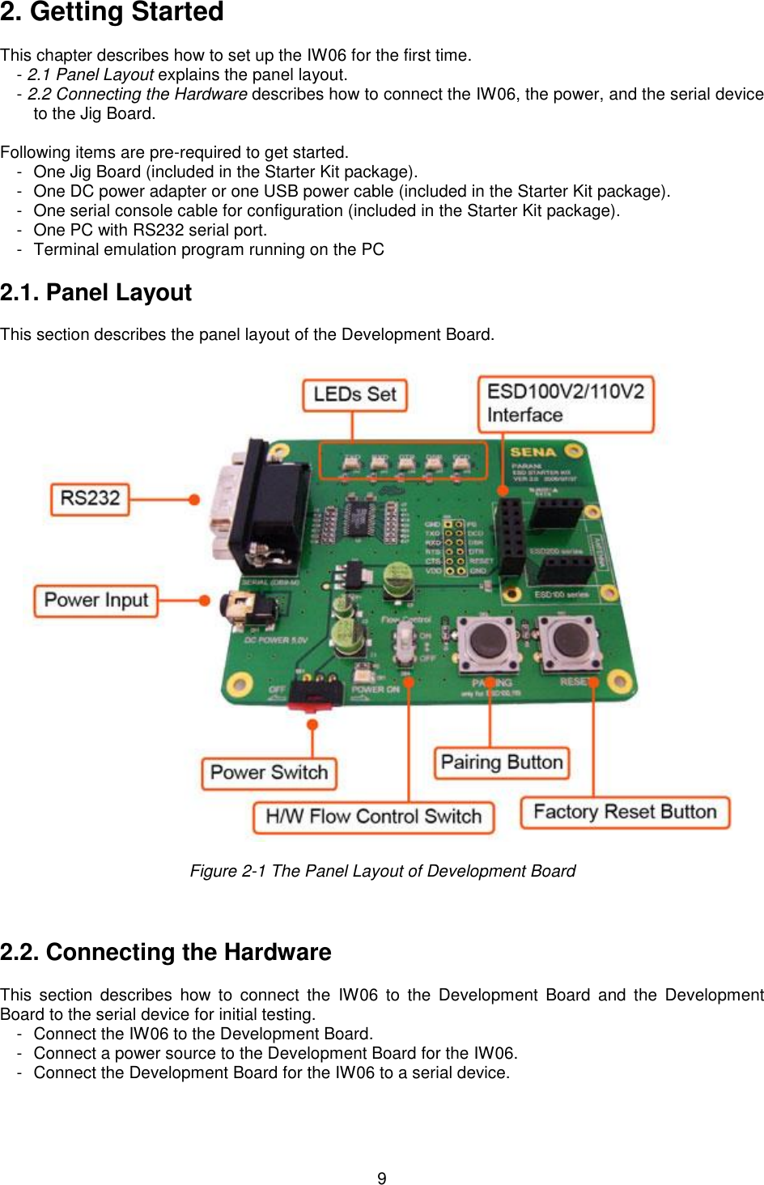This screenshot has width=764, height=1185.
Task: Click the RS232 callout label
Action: click(x=90, y=499)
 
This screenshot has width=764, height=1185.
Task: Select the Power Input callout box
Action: click(x=95, y=601)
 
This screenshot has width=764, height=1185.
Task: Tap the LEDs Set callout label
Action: click(x=354, y=395)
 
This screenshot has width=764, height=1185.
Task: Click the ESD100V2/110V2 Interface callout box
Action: click(x=565, y=403)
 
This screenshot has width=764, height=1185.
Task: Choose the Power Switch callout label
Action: click(x=269, y=773)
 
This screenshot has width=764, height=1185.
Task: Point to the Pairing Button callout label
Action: click(x=501, y=762)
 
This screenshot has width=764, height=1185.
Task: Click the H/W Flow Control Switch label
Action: click(x=373, y=817)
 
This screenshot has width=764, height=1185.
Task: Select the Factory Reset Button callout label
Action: click(x=624, y=812)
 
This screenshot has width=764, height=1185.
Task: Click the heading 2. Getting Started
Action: click(x=112, y=12)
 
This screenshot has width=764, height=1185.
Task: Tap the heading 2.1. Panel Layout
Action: click(x=95, y=292)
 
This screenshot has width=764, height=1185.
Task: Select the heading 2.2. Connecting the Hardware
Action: click(x=165, y=952)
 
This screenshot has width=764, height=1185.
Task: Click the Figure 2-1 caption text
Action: click(x=382, y=871)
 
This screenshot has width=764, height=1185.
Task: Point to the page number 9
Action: click(x=382, y=1178)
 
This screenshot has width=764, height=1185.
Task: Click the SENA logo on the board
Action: click(x=533, y=452)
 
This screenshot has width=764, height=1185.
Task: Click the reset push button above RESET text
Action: click(x=570, y=639)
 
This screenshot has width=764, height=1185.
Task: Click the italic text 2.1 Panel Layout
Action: click(x=91, y=74)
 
